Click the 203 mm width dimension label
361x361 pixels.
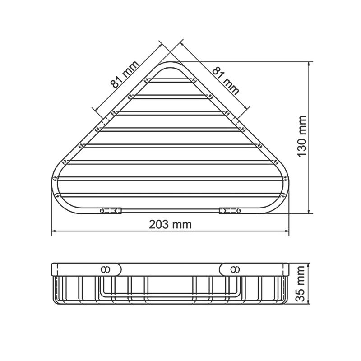click(x=170, y=224)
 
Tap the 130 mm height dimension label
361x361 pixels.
click(x=302, y=136)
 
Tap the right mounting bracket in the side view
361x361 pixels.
click(x=233, y=269)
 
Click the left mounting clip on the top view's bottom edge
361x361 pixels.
click(x=111, y=210)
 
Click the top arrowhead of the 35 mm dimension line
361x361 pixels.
click(x=309, y=264)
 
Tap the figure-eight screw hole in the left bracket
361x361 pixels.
click(x=106, y=269)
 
